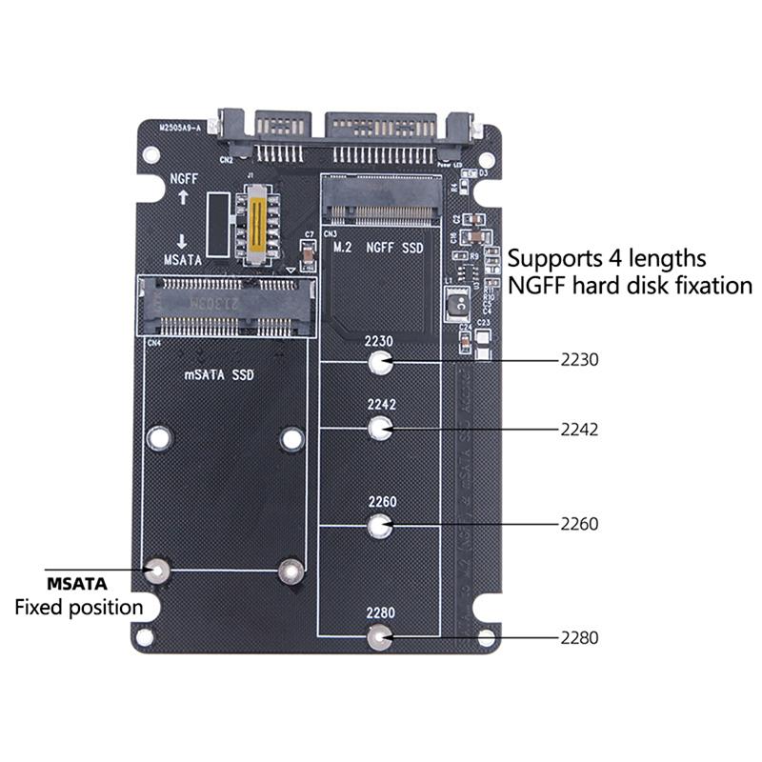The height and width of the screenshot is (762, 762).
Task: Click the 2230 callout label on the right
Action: [x=579, y=361]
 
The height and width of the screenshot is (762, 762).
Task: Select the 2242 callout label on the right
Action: [x=579, y=430]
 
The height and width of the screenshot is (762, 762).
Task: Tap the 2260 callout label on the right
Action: [x=579, y=524]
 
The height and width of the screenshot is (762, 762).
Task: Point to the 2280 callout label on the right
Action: [x=579, y=638]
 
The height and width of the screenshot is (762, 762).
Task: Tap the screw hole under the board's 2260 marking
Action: [x=380, y=524]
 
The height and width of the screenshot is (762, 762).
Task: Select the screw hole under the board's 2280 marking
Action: [x=380, y=637]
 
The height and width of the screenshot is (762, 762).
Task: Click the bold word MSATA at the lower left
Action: [x=77, y=583]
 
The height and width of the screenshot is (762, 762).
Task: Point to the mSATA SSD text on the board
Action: [x=219, y=374]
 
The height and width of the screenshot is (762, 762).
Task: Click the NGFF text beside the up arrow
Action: [x=184, y=178]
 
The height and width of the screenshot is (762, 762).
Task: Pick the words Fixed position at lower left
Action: [x=78, y=607]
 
